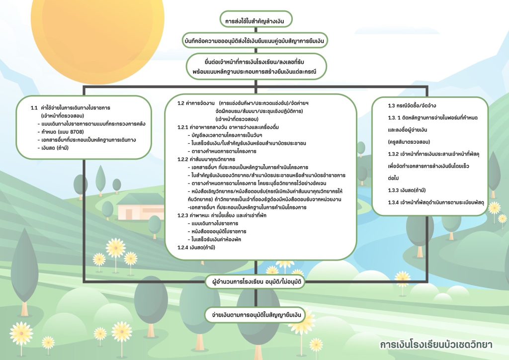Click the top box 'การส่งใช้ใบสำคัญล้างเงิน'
256,20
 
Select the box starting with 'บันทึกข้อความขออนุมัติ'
255,41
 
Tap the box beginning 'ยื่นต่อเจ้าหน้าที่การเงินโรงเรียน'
256,67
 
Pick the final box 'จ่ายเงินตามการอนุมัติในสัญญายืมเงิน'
255,315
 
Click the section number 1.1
34,108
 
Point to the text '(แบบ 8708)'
71,132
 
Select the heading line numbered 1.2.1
228,127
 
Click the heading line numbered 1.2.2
206,160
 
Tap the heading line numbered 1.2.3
222,215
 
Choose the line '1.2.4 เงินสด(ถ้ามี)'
196,247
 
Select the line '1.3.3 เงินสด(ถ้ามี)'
407,190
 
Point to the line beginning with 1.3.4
436,202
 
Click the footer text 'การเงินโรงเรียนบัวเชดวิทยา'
436,345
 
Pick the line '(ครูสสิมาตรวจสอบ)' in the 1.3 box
409,142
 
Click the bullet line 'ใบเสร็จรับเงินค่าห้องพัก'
214,240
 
